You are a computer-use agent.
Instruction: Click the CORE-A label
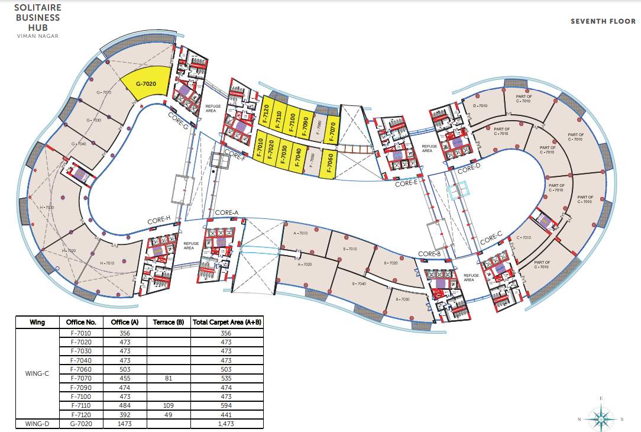tap(226, 212)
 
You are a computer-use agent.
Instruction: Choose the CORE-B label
tap(430, 254)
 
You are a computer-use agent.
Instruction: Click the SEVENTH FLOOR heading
tap(603, 21)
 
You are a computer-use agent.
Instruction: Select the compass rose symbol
tap(601, 418)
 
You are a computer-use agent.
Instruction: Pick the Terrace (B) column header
tap(167, 323)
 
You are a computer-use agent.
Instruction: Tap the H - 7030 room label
tap(47, 208)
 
